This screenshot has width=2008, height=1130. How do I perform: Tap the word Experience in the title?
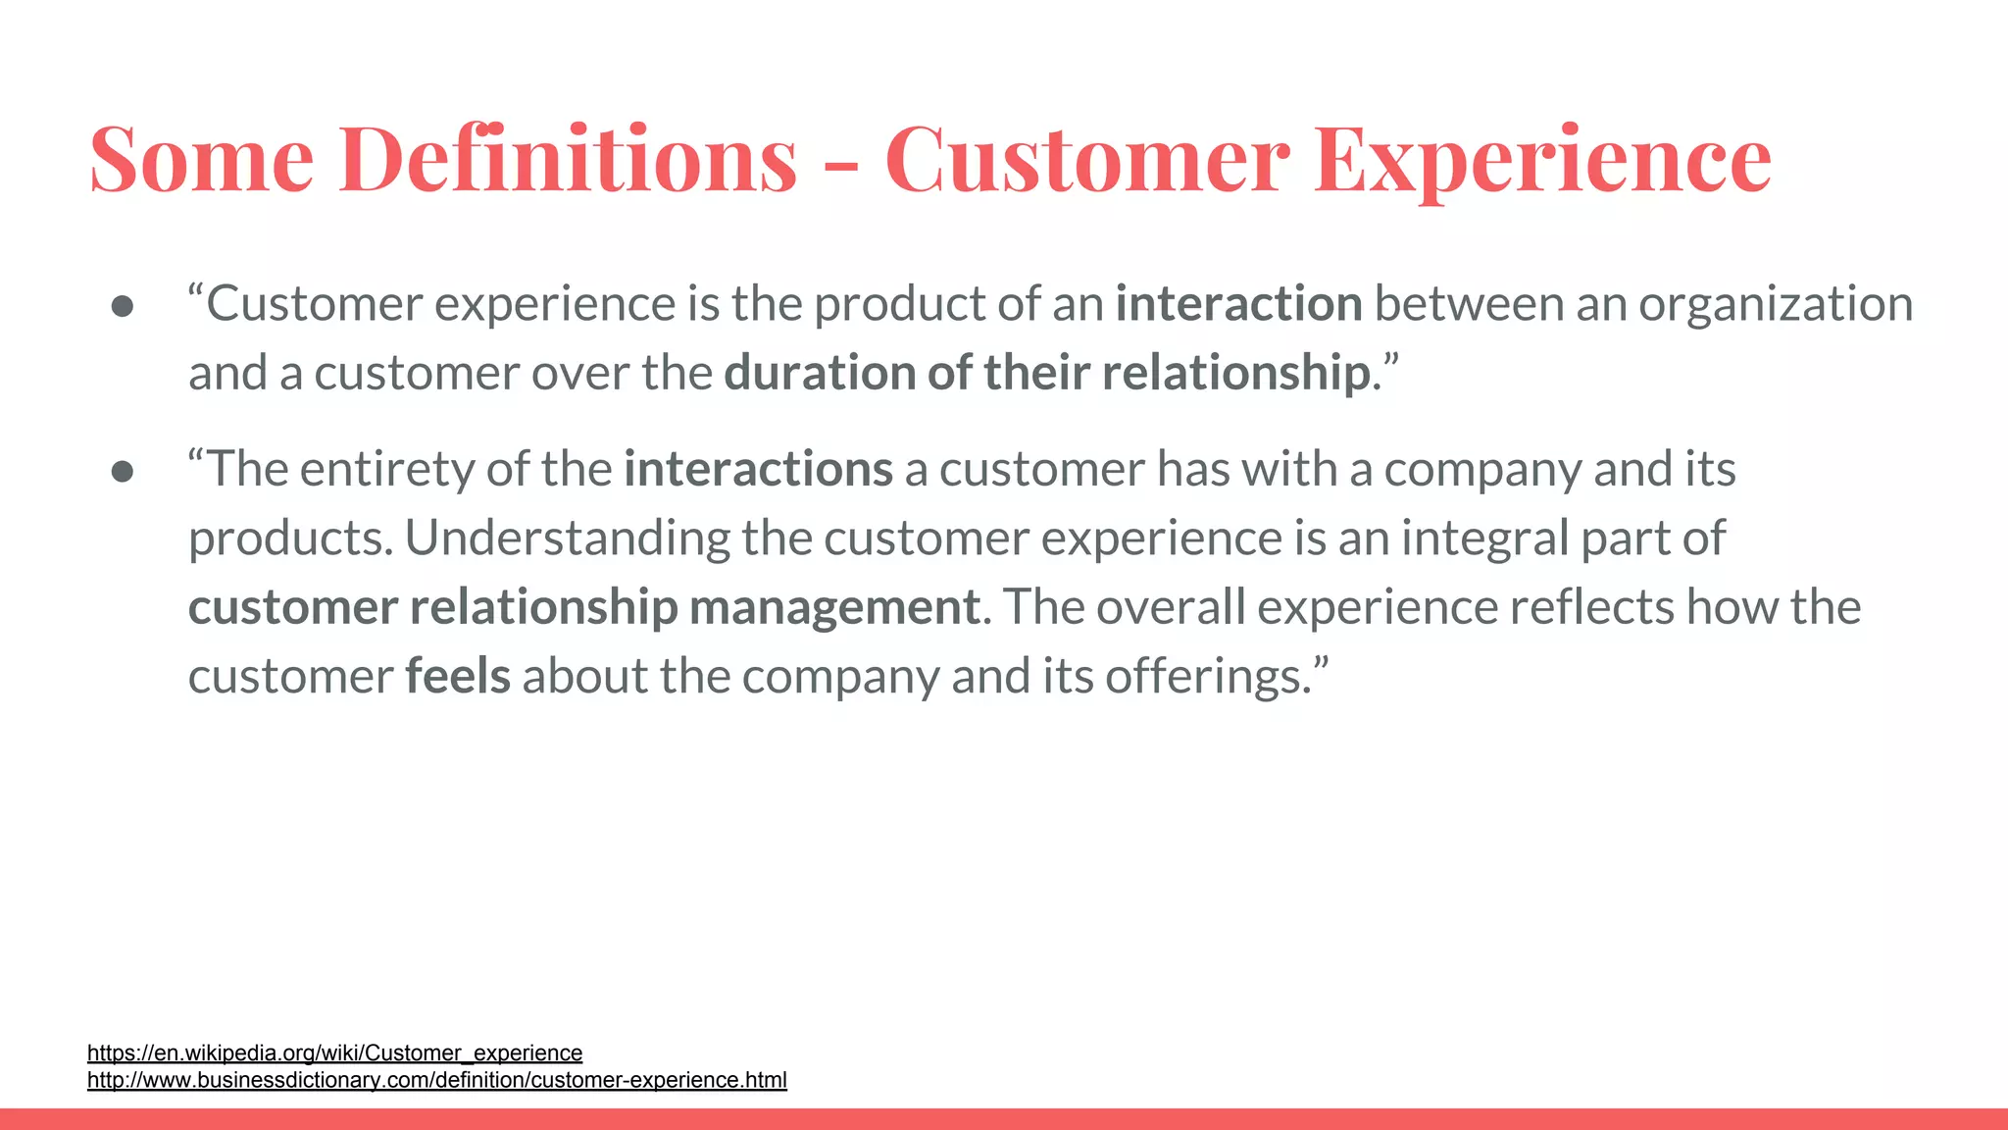pyautogui.click(x=1542, y=159)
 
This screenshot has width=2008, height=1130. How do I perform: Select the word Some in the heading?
pyautogui.click(x=201, y=159)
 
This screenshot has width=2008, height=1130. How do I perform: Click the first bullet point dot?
pyautogui.click(x=123, y=306)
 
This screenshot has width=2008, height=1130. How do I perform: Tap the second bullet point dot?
pyautogui.click(x=123, y=472)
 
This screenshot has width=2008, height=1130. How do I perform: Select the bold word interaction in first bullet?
pyautogui.click(x=1238, y=304)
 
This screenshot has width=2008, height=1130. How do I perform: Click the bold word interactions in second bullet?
pyautogui.click(x=758, y=469)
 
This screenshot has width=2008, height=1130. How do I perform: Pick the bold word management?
pyautogui.click(x=833, y=608)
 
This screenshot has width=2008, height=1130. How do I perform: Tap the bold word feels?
pyautogui.click(x=458, y=677)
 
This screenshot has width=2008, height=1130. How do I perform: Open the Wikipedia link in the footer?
pyautogui.click(x=334, y=1053)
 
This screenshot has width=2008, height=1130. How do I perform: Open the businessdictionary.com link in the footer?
pyautogui.click(x=436, y=1080)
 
